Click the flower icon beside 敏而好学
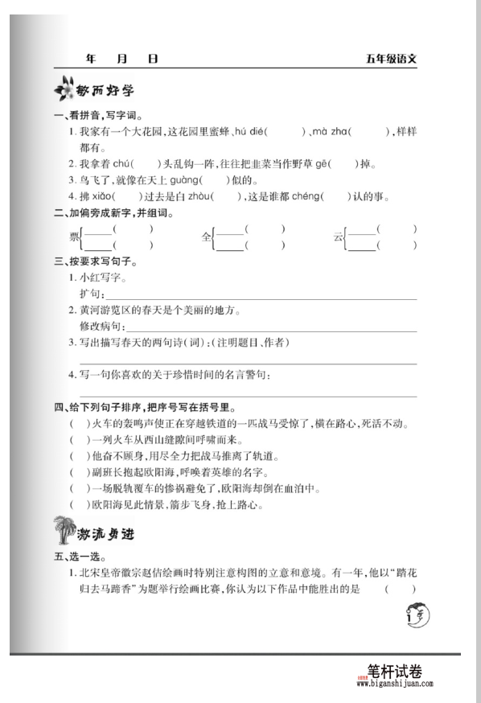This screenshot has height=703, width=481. pyautogui.click(x=62, y=88)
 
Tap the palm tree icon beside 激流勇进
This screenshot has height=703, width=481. pyautogui.click(x=64, y=532)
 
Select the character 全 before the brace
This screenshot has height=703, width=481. pyautogui.click(x=206, y=237)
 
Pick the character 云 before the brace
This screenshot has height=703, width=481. pyautogui.click(x=338, y=237)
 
